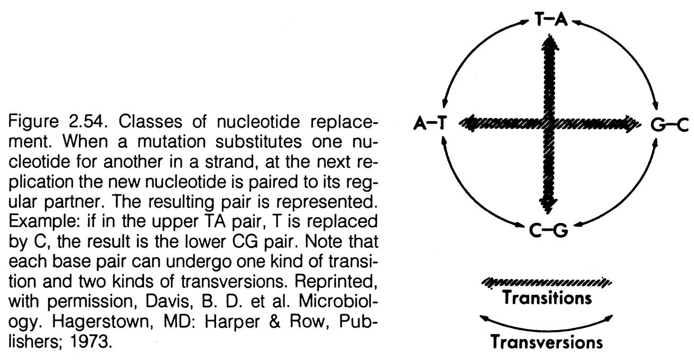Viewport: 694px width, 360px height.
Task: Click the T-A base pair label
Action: [551, 20]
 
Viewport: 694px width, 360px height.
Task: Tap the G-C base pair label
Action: [670, 125]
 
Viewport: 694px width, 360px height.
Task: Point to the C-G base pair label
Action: [549, 231]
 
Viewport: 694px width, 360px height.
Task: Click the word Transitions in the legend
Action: [547, 298]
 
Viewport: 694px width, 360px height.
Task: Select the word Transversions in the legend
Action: [547, 342]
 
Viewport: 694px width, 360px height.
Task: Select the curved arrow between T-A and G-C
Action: [629, 50]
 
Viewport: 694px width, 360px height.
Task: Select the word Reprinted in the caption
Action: [336, 282]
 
